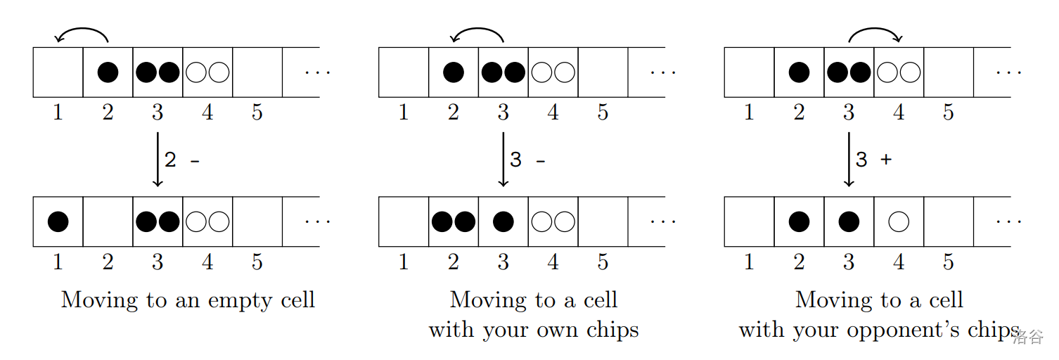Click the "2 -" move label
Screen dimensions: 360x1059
tap(181, 160)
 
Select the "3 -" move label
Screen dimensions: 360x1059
tap(527, 160)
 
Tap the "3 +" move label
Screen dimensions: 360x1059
tap(873, 160)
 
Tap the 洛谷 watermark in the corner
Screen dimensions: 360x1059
tap(1028, 337)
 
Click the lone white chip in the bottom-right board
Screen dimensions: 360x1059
tap(899, 221)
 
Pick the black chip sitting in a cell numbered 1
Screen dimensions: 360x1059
tap(58, 221)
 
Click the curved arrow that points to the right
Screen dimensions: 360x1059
tap(874, 33)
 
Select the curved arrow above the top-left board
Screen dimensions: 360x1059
tap(82, 33)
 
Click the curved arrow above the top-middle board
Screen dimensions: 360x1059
tap(478, 33)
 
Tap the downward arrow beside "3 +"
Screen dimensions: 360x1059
tap(849, 160)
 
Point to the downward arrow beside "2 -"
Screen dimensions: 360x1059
tap(158, 160)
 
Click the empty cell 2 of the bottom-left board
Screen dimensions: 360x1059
tap(108, 221)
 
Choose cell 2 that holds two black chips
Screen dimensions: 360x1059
tap(454, 221)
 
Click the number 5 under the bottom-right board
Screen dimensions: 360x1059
tap(949, 262)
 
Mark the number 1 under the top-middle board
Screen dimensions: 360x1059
tap(404, 112)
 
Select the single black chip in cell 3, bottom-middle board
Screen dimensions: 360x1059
tap(503, 221)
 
